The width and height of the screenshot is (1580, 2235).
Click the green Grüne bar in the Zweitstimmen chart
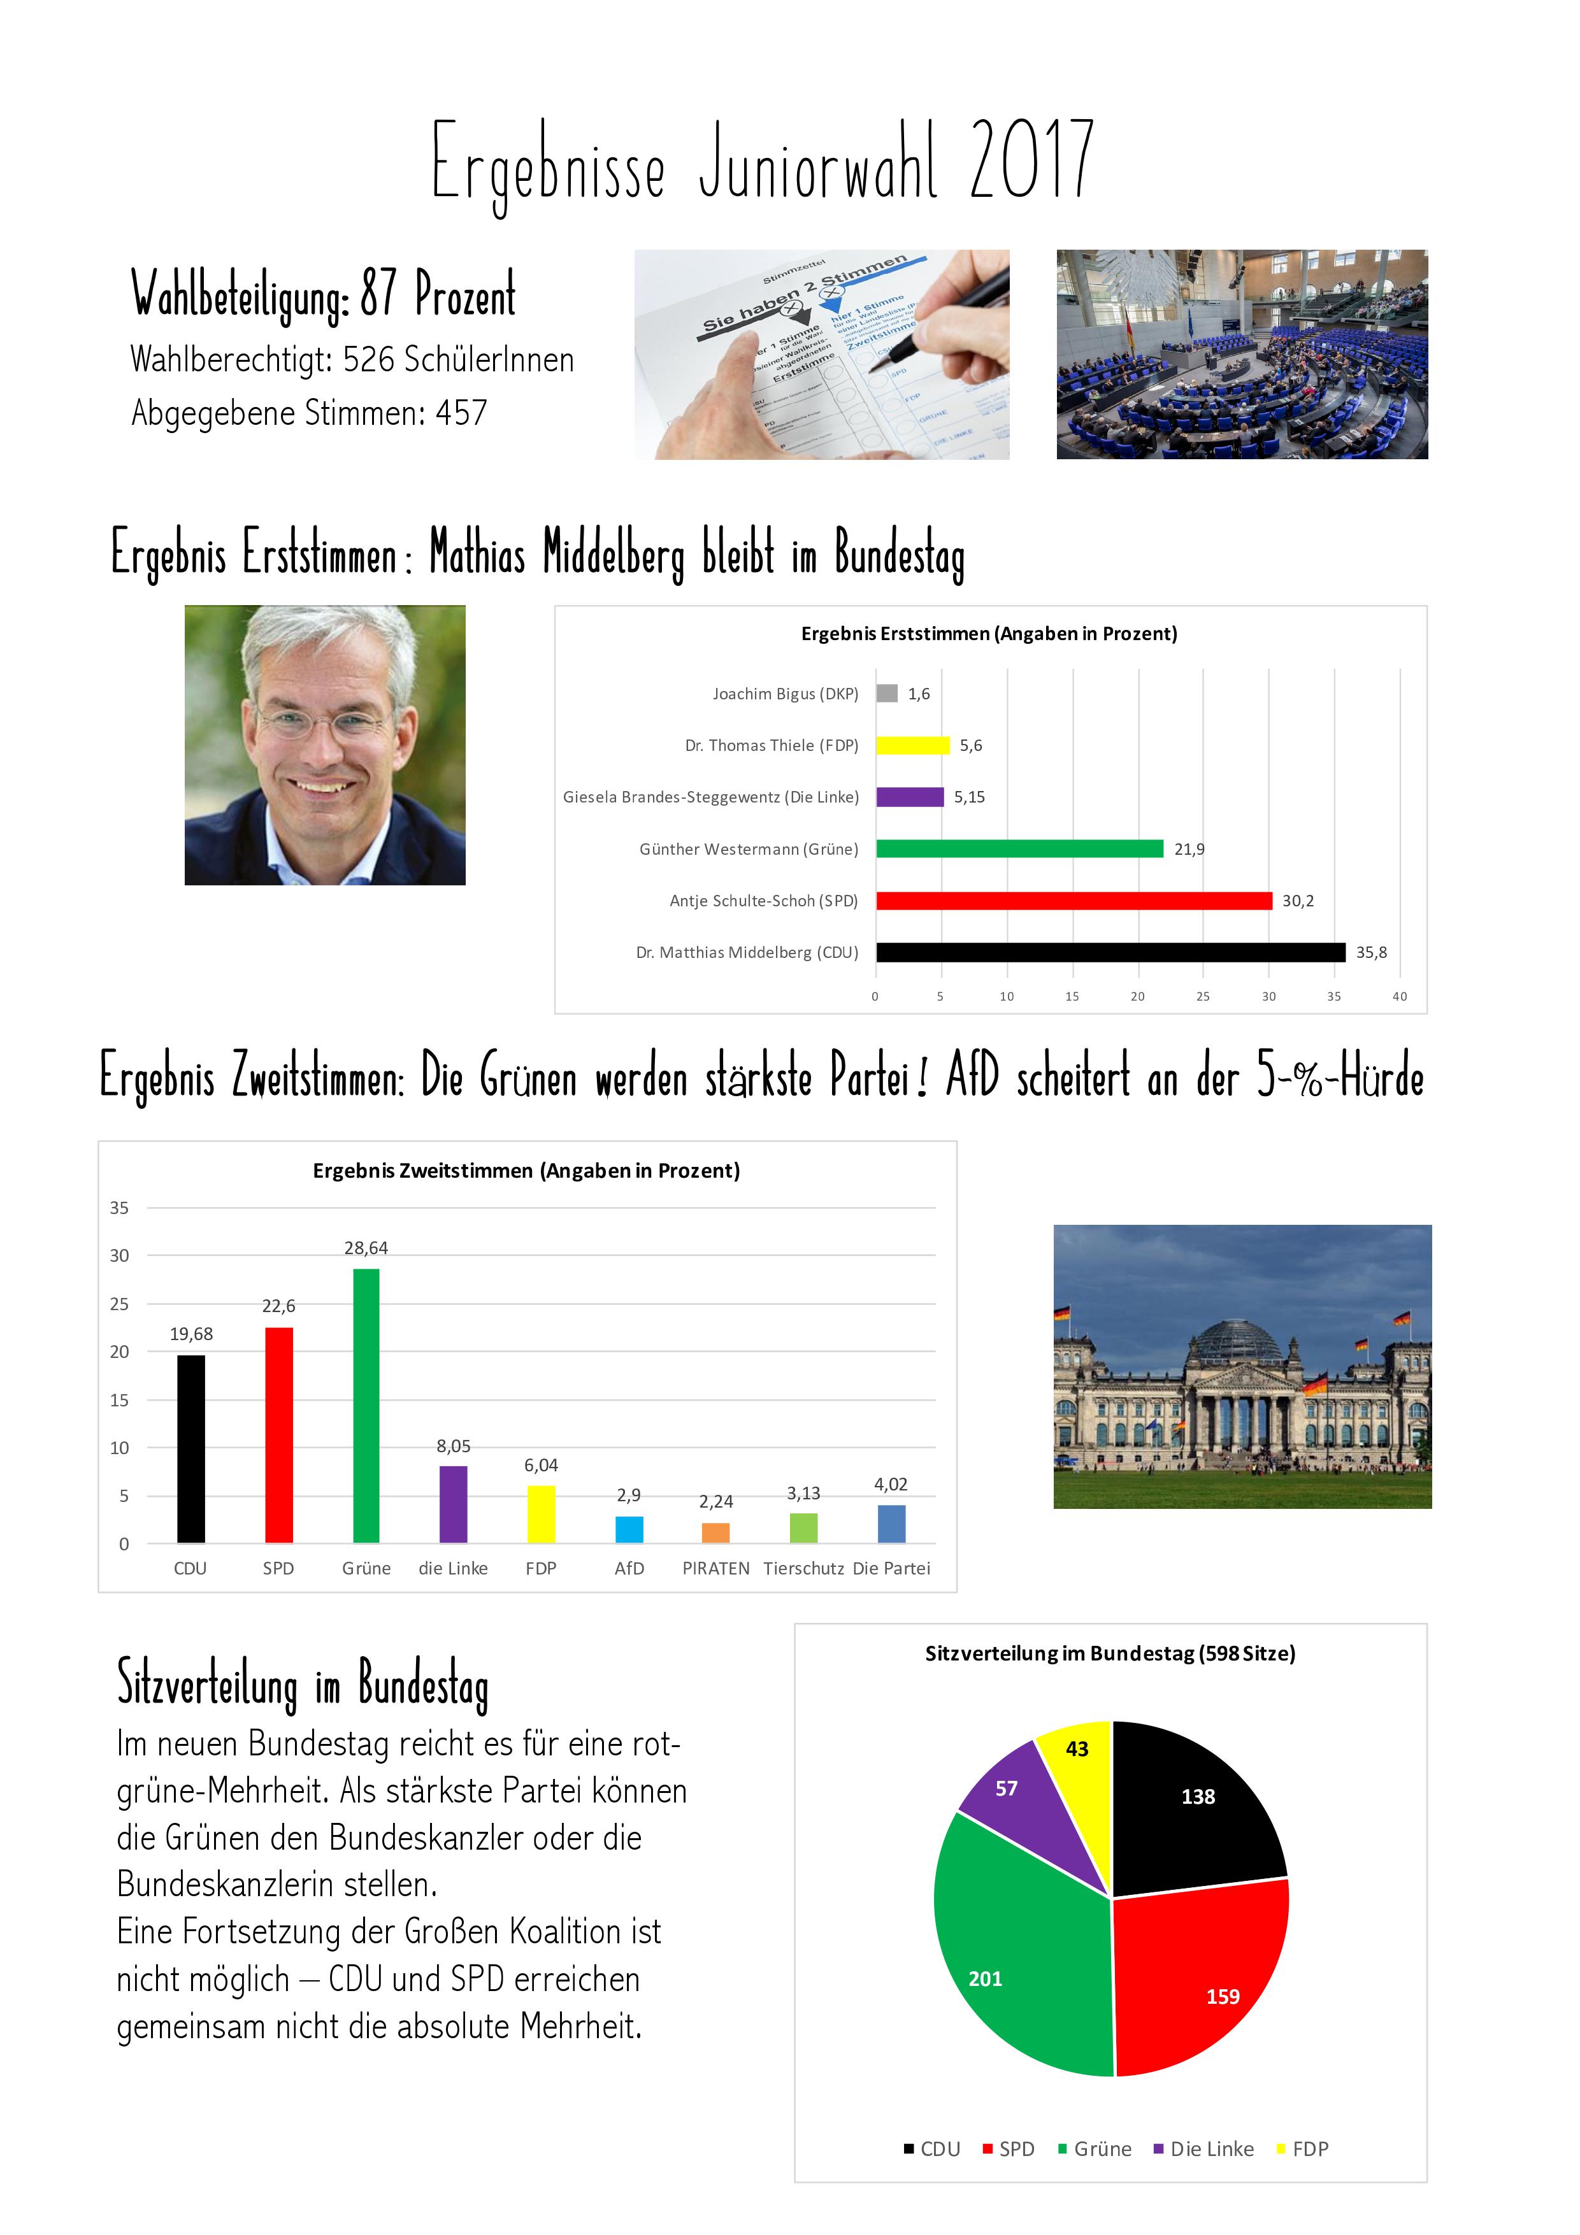(366, 1406)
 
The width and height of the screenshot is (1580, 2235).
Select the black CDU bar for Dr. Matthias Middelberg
(1110, 952)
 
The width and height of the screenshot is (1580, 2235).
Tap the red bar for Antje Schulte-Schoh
(1073, 901)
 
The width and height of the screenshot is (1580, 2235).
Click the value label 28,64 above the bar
(366, 1248)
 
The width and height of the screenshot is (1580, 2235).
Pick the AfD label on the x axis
(629, 1568)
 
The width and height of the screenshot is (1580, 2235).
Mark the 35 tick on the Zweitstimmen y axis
(118, 1208)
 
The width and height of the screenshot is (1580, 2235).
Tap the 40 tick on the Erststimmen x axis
(1399, 996)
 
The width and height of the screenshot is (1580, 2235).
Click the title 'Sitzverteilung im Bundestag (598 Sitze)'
(1110, 1653)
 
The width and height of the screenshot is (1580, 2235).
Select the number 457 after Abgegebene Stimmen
(461, 413)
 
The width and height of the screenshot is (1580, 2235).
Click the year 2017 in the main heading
(1032, 161)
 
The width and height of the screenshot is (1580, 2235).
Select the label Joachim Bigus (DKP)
(785, 694)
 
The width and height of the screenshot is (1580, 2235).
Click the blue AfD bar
(629, 1528)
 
